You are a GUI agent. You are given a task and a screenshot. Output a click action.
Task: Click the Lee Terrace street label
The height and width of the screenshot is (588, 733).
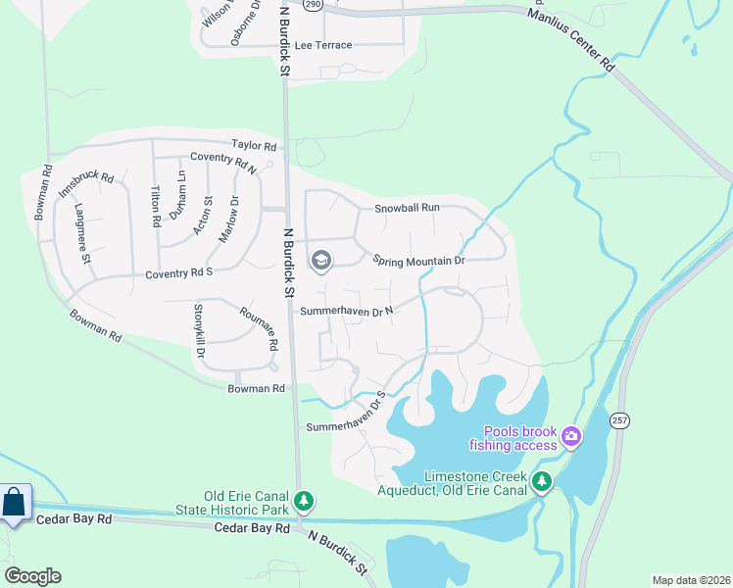pyautogui.click(x=322, y=46)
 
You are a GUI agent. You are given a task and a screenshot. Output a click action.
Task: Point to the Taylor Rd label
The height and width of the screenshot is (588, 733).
pyautogui.click(x=254, y=145)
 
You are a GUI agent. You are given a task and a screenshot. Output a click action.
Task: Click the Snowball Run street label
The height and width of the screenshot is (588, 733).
pyautogui.click(x=407, y=208)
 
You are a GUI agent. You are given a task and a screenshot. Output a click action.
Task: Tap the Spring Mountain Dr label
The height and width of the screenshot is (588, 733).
pyautogui.click(x=417, y=261)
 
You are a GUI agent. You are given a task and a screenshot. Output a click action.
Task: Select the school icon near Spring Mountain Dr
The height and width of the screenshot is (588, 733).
pyautogui.click(x=320, y=261)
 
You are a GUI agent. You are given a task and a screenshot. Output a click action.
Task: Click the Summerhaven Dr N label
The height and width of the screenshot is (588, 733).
pyautogui.click(x=346, y=311)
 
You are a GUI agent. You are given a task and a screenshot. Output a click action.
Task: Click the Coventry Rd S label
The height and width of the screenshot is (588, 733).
pyautogui.click(x=179, y=274)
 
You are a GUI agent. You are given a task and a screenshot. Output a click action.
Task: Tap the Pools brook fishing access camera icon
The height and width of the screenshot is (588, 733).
pyautogui.click(x=571, y=435)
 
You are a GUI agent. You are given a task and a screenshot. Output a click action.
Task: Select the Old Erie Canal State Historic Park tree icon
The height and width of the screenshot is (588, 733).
pyautogui.click(x=304, y=501)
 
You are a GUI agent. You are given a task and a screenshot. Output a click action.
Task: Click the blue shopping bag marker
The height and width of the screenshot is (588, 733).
pyautogui.click(x=15, y=503)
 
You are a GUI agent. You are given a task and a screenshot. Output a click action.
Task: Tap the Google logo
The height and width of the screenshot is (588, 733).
pyautogui.click(x=31, y=576)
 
